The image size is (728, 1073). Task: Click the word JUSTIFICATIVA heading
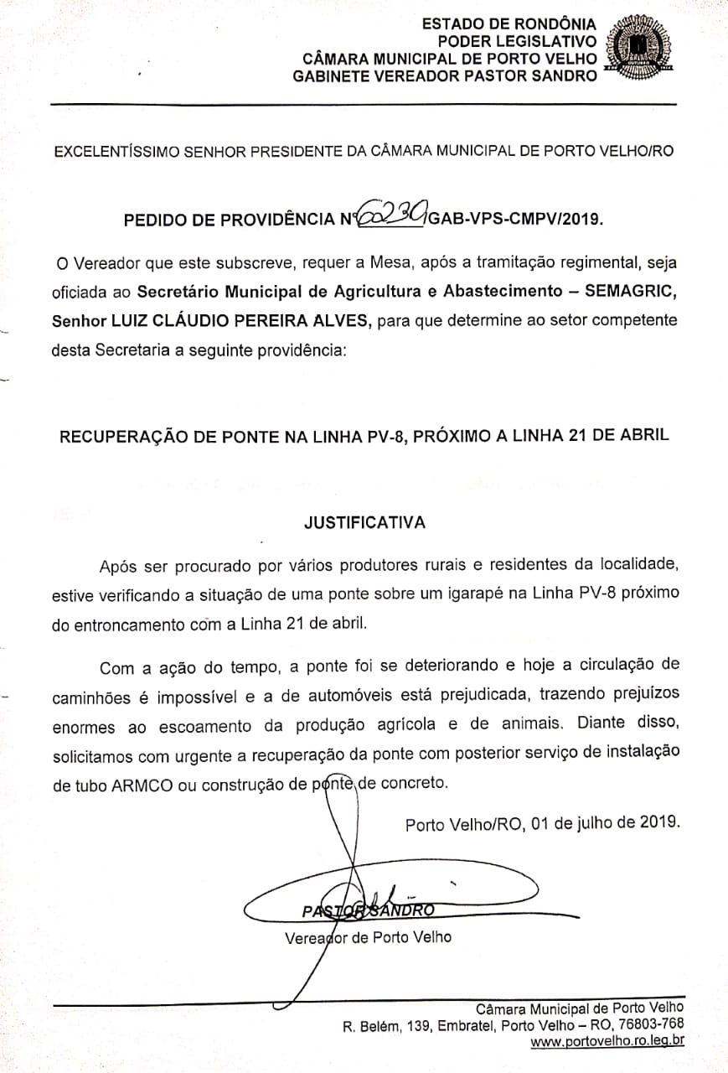[364, 522]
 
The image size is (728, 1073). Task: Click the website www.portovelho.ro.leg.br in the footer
[608, 1041]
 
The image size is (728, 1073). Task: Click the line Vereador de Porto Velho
[368, 936]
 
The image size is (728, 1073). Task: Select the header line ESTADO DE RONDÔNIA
[509, 23]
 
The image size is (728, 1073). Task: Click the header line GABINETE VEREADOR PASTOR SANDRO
[445, 75]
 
